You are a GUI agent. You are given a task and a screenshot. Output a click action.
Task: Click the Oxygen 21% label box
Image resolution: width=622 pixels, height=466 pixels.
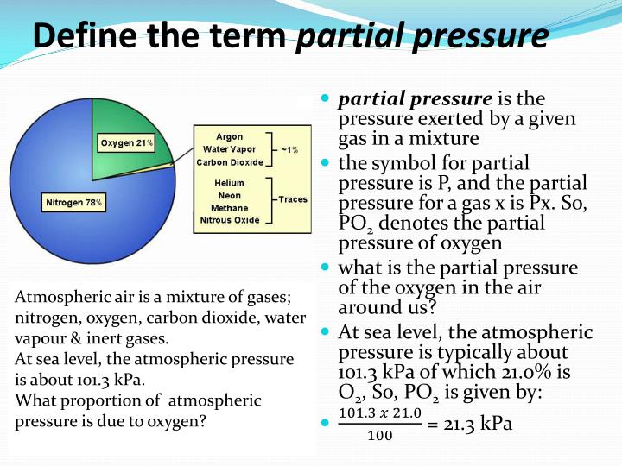125,142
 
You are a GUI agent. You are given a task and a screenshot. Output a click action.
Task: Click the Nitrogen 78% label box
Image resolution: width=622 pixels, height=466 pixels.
76,203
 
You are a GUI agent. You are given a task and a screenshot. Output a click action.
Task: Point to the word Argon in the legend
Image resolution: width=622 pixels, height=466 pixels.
229,136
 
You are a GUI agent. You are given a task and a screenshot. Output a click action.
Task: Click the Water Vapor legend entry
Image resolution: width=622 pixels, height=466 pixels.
229,149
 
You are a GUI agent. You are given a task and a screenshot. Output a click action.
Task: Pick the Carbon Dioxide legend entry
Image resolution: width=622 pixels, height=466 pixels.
229,162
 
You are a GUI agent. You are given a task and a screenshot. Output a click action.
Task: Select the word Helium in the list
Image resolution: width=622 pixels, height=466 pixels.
229,183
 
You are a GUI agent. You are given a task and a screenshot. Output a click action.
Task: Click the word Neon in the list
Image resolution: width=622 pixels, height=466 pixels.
229,195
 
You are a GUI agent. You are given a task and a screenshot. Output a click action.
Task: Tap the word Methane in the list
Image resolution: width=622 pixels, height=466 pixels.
229,207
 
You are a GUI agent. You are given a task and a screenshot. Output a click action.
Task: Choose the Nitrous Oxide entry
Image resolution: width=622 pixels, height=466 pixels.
229,220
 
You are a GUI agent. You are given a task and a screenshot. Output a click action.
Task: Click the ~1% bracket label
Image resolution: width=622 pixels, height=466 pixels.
289,149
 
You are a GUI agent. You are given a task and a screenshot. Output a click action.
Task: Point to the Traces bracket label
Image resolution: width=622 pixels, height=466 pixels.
292,199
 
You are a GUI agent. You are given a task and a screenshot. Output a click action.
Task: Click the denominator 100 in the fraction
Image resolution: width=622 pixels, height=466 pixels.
379,435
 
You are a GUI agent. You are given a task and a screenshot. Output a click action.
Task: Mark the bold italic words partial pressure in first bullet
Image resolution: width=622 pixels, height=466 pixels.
415,99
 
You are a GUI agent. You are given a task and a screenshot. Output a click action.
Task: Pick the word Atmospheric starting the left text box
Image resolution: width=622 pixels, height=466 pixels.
58,298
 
